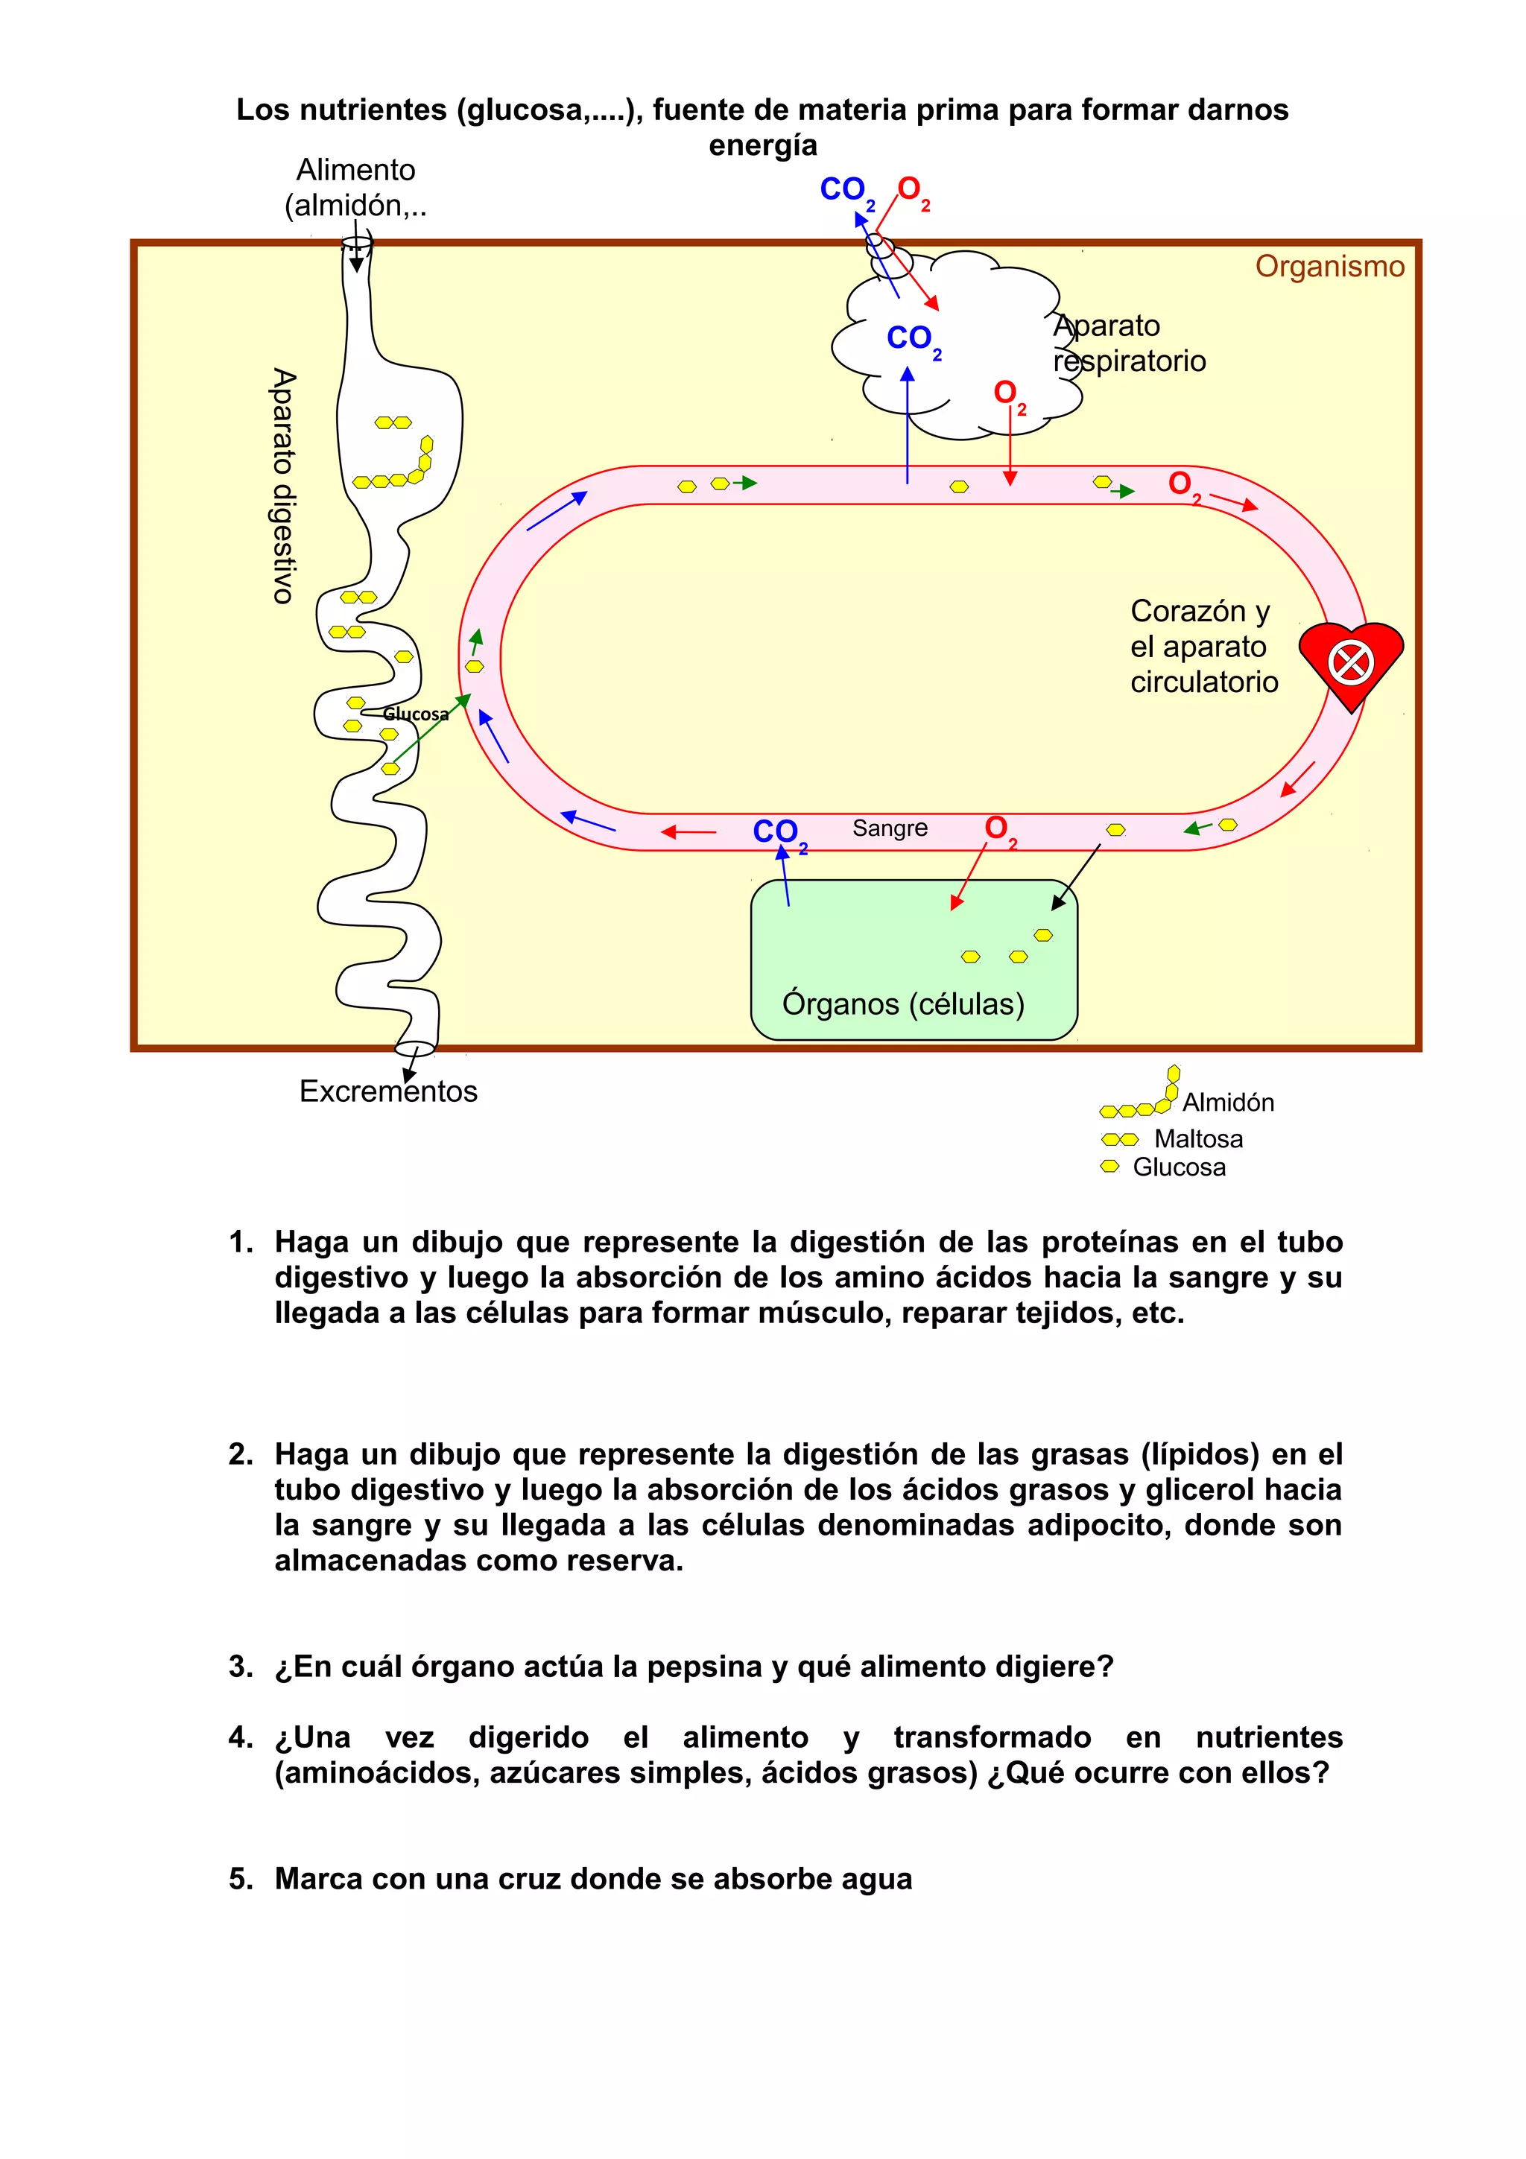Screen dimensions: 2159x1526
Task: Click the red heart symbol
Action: click(x=1350, y=663)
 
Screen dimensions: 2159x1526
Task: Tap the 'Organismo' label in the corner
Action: click(x=1329, y=266)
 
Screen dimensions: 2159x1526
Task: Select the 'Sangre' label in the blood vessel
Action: click(x=890, y=828)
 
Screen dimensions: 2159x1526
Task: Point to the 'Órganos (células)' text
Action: click(x=902, y=1004)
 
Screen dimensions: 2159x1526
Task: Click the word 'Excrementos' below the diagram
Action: click(x=387, y=1091)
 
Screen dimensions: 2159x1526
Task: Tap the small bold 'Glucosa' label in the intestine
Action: click(x=416, y=714)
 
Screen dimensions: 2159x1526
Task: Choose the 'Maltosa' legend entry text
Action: click(x=1198, y=1139)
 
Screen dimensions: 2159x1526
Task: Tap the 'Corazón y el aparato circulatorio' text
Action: click(x=1203, y=646)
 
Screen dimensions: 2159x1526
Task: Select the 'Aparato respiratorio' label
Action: click(x=1128, y=343)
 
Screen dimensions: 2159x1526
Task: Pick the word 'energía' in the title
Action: click(x=762, y=146)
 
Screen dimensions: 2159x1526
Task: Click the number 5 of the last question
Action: click(x=239, y=1879)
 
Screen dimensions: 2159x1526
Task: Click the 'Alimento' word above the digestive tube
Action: click(x=355, y=170)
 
